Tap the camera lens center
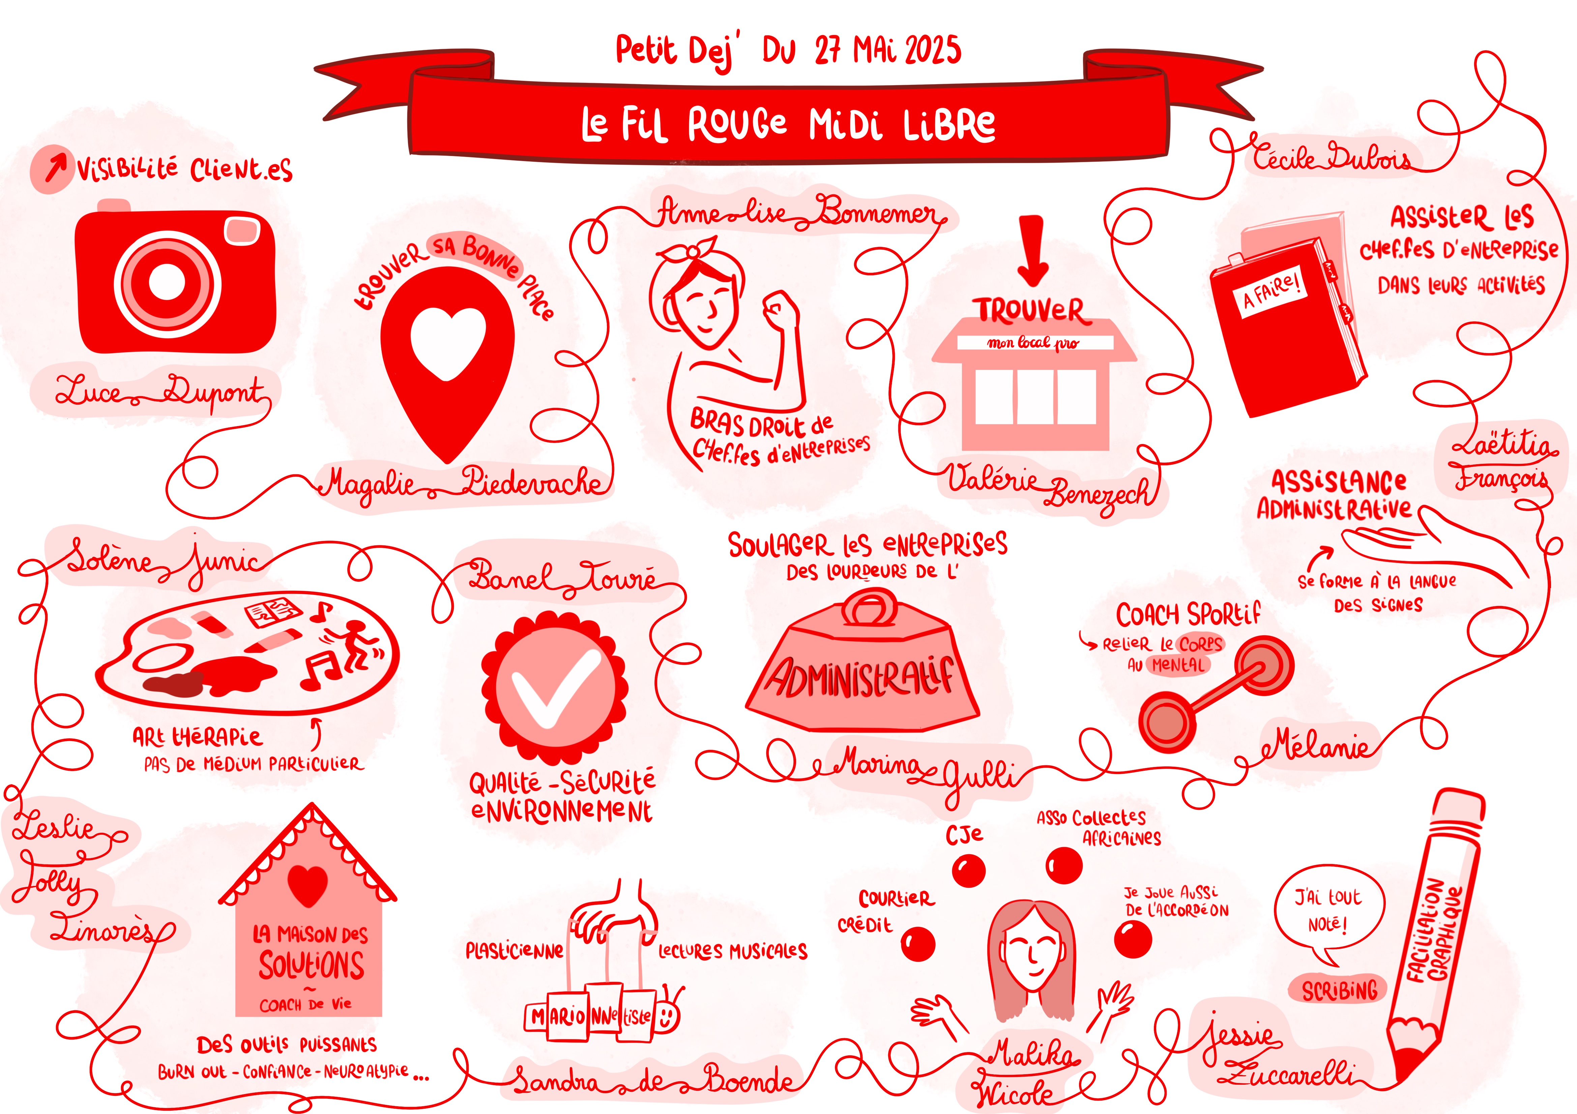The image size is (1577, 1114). tap(167, 282)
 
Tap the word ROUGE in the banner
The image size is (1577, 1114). tap(737, 124)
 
